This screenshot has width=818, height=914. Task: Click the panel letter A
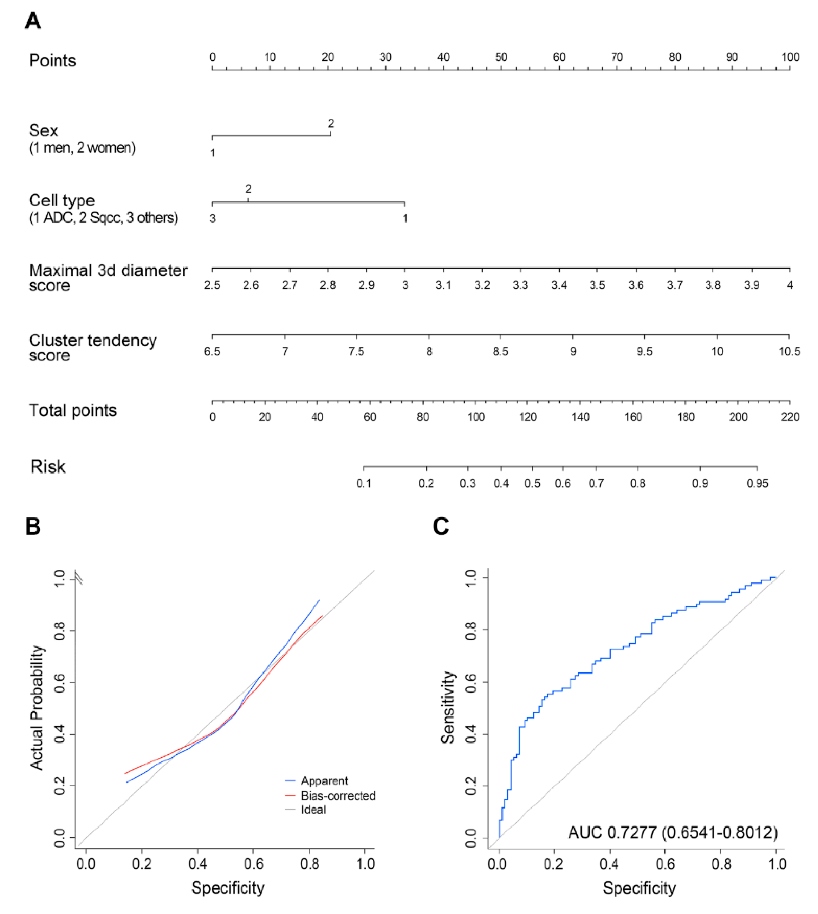[x=33, y=21]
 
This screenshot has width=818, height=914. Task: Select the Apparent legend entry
[x=324, y=780]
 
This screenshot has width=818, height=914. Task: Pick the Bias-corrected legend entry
[x=338, y=795]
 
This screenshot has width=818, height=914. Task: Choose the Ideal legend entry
[x=313, y=810]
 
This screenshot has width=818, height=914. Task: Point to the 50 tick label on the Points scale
[x=501, y=57]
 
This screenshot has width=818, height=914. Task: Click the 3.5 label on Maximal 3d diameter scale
[x=597, y=285]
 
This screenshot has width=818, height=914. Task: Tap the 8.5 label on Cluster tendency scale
[x=500, y=351]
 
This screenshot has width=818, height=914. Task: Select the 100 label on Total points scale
[x=475, y=417]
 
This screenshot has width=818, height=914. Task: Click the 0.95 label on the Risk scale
[x=757, y=483]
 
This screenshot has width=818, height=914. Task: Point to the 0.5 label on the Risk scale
[x=532, y=483]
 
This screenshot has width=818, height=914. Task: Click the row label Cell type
[x=61, y=200]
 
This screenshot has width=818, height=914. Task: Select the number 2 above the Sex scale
[x=331, y=123]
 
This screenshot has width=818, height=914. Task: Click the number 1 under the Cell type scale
[x=405, y=219]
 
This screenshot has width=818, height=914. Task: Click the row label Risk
[x=48, y=466]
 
